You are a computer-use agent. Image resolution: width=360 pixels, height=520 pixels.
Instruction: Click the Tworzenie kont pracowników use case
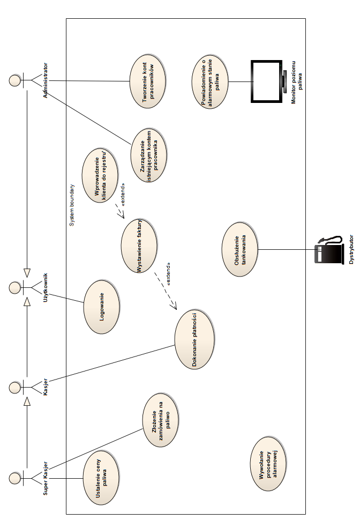pyautogui.click(x=147, y=81)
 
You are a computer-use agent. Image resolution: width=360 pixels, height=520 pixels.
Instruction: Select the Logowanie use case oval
pyautogui.click(x=102, y=307)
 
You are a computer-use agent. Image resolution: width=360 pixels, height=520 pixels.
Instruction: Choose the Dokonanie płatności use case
pyautogui.click(x=194, y=339)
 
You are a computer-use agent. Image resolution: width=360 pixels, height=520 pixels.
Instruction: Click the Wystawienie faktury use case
pyautogui.click(x=139, y=246)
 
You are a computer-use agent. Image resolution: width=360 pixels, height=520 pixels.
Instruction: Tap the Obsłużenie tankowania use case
pyautogui.click(x=239, y=249)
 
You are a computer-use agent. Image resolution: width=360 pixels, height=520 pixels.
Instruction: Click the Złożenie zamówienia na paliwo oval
pyautogui.click(x=161, y=422)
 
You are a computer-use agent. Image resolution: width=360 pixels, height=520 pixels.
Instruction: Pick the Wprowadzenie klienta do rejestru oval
pyautogui.click(x=101, y=176)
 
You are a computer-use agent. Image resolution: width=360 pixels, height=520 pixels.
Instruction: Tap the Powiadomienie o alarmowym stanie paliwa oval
pyautogui.click(x=211, y=81)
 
